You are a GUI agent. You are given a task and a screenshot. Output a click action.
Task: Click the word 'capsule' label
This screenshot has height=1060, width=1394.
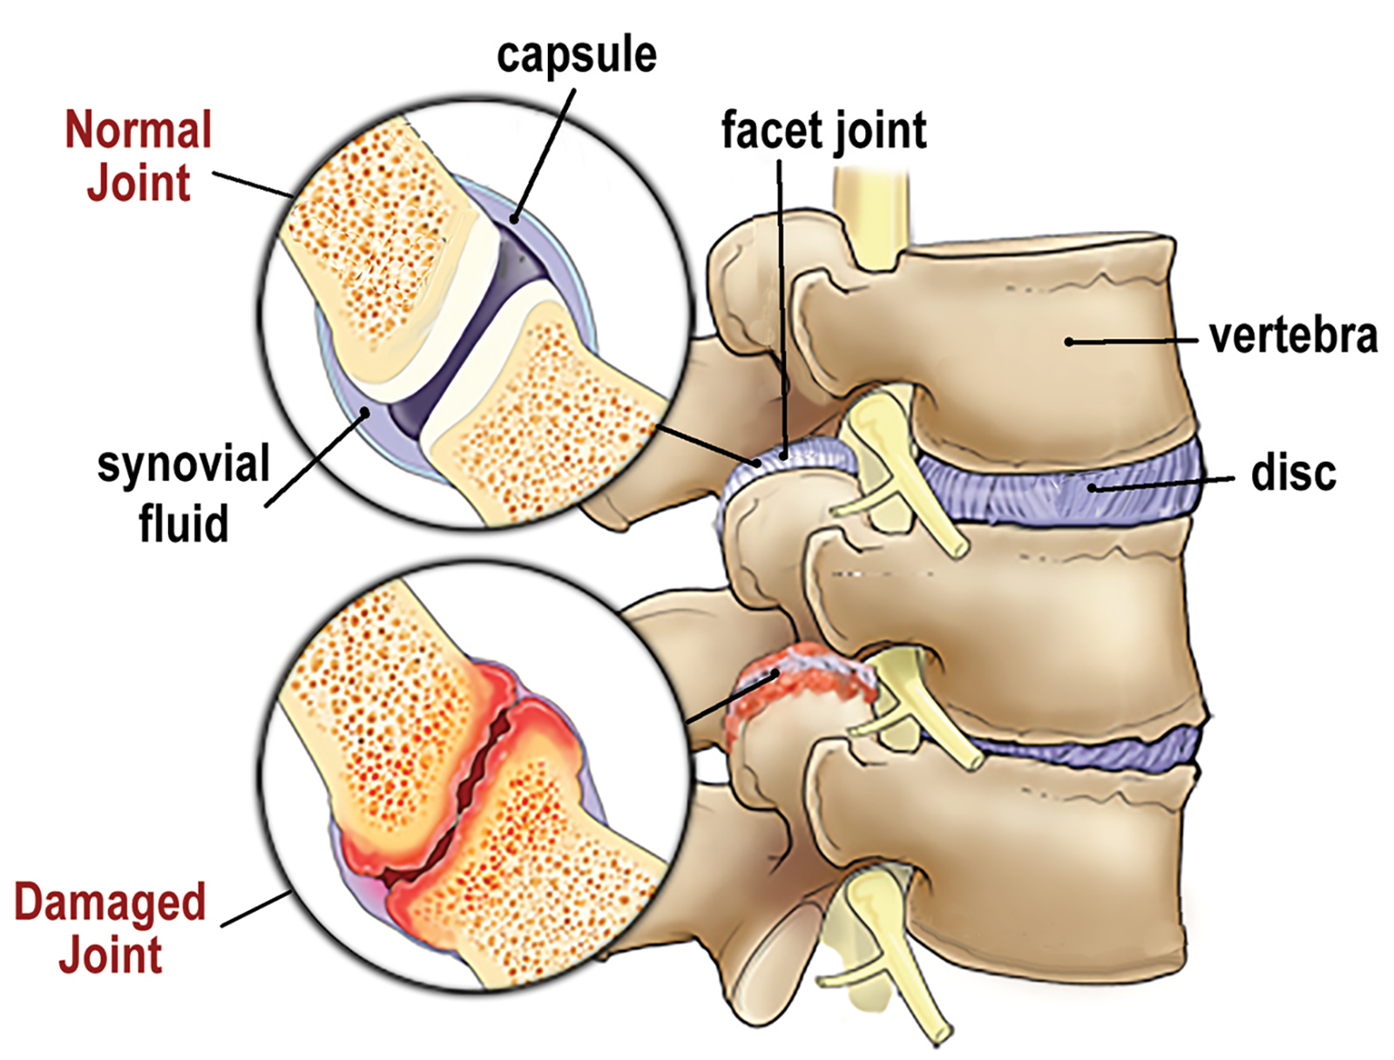pyautogui.click(x=576, y=56)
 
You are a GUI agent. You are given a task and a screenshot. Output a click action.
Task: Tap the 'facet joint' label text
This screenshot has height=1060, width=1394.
pyautogui.click(x=823, y=132)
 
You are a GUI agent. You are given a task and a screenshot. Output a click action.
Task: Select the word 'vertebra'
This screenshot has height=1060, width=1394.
pyautogui.click(x=1293, y=336)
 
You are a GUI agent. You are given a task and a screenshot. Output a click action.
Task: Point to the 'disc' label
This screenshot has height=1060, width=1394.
pyautogui.click(x=1293, y=473)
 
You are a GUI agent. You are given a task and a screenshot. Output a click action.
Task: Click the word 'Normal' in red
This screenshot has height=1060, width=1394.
pyautogui.click(x=139, y=131)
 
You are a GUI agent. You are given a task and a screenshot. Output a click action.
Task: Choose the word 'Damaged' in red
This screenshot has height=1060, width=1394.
pyautogui.click(x=110, y=902)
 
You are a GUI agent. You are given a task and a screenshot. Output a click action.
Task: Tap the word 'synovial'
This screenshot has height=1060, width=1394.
pyautogui.click(x=183, y=464)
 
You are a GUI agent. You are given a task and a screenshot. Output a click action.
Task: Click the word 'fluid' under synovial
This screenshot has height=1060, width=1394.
pyautogui.click(x=183, y=523)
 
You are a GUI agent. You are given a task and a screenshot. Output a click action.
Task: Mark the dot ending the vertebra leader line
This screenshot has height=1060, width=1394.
pyautogui.click(x=1069, y=342)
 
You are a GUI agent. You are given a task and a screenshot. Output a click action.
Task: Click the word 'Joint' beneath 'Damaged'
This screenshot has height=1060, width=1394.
pyautogui.click(x=110, y=955)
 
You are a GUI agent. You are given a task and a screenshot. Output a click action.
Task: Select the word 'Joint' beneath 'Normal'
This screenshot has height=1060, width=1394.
pyautogui.click(x=139, y=184)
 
